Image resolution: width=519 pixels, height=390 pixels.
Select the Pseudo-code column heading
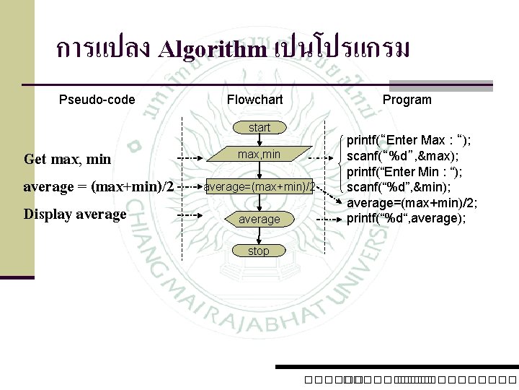click(x=97, y=100)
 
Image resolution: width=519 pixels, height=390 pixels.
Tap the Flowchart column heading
click(x=254, y=100)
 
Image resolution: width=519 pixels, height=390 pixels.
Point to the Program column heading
click(x=407, y=100)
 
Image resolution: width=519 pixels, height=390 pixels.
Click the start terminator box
click(x=259, y=128)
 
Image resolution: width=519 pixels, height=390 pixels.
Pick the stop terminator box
click(x=258, y=251)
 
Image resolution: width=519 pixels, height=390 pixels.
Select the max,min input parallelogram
click(x=259, y=155)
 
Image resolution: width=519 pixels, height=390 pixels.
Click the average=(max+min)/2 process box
click(x=259, y=187)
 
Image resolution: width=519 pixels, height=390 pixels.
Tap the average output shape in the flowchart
click(x=259, y=219)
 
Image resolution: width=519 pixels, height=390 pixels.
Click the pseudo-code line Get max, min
click(x=68, y=158)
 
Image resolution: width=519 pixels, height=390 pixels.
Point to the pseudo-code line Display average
click(x=75, y=214)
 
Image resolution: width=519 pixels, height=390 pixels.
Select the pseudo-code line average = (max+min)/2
click(x=99, y=187)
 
